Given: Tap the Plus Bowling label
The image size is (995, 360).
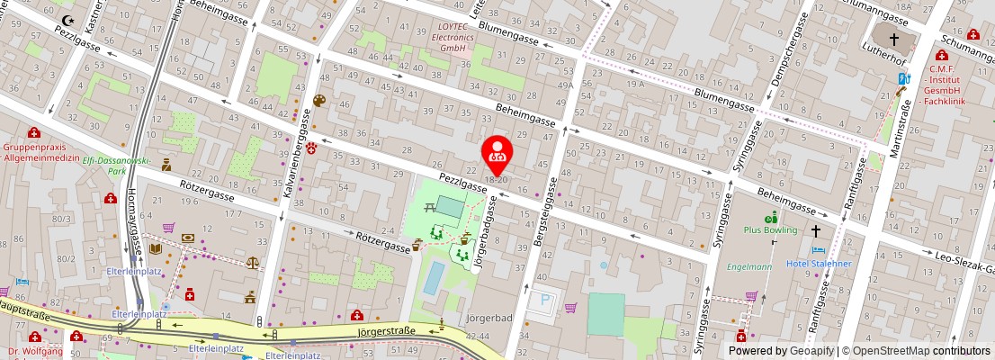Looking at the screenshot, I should [771, 229].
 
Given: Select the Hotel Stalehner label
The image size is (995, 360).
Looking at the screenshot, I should [818, 264].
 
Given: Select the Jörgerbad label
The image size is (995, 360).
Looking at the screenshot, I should [489, 319].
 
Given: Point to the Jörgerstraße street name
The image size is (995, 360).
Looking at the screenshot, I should [388, 330].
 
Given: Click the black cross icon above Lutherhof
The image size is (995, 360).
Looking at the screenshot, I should [894, 40].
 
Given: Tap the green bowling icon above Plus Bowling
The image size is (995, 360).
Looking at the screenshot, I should [770, 217].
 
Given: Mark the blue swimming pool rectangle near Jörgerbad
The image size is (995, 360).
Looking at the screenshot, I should [433, 279].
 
